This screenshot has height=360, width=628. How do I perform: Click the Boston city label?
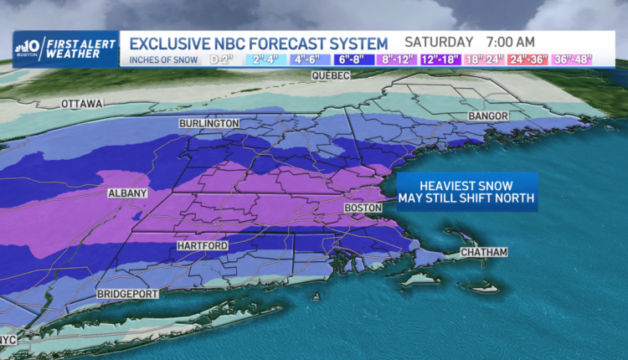coord(363,208)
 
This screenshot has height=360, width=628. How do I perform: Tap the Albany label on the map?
coord(127,193)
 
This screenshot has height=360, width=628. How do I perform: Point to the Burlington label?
coord(208,124)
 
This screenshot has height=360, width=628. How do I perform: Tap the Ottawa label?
coord(81,104)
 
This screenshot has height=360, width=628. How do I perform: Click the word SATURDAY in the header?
coord(440,42)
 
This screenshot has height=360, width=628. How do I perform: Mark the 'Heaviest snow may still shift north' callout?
coord(466,192)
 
